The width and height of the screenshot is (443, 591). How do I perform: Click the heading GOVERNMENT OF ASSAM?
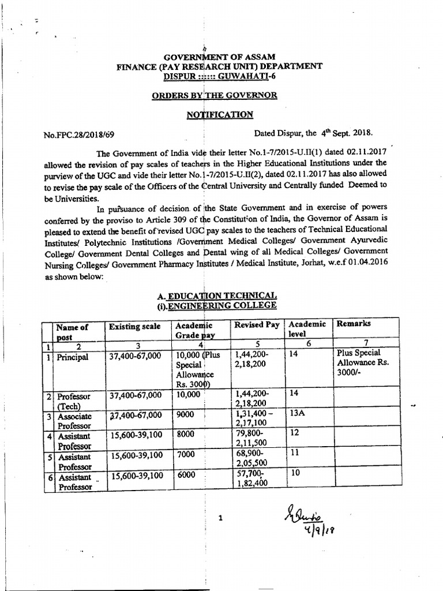point(220,57)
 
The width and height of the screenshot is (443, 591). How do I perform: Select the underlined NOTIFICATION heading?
point(220,115)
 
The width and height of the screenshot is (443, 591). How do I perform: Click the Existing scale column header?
point(134,327)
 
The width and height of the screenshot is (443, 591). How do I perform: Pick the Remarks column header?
point(354,324)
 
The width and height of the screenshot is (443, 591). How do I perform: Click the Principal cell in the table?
point(73,357)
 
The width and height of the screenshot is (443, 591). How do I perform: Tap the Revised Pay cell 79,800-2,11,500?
point(252,439)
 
